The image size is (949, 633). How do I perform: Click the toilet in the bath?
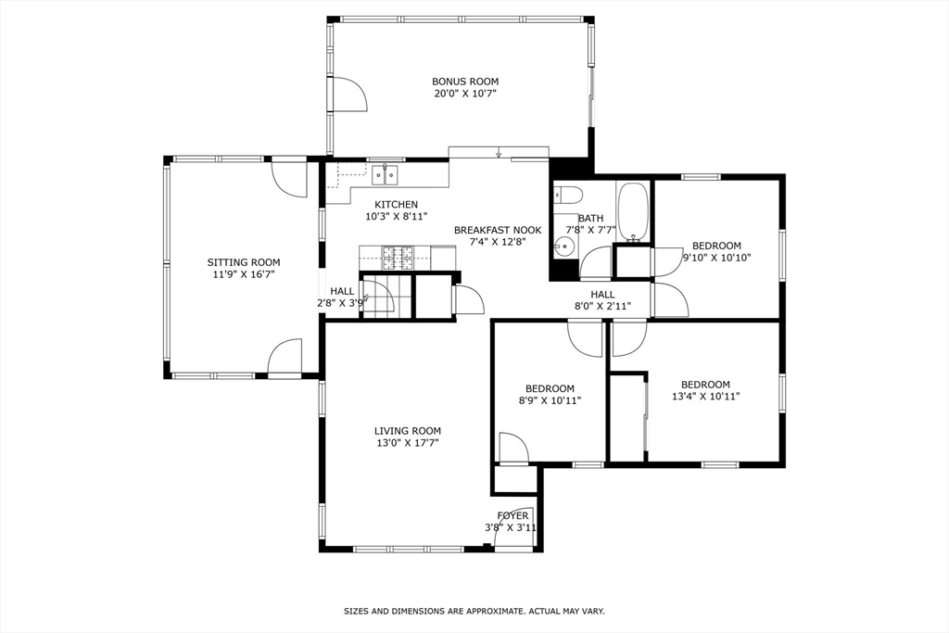(x=567, y=195)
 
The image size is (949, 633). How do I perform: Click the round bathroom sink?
(x=563, y=247)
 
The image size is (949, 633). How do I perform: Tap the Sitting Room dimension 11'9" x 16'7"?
(x=243, y=274)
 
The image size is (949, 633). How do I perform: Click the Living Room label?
(x=408, y=431)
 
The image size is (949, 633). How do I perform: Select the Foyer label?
(x=512, y=516)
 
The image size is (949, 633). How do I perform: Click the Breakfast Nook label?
(x=498, y=230)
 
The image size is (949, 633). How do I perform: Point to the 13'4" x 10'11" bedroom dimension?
(x=705, y=397)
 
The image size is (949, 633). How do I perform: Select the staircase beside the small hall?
(x=379, y=297)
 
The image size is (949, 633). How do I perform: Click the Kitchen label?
(x=396, y=205)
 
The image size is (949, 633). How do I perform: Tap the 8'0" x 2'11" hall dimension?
(x=602, y=307)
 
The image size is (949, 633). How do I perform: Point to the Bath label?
(x=590, y=219)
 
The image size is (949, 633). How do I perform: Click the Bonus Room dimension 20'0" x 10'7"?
(x=465, y=94)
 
